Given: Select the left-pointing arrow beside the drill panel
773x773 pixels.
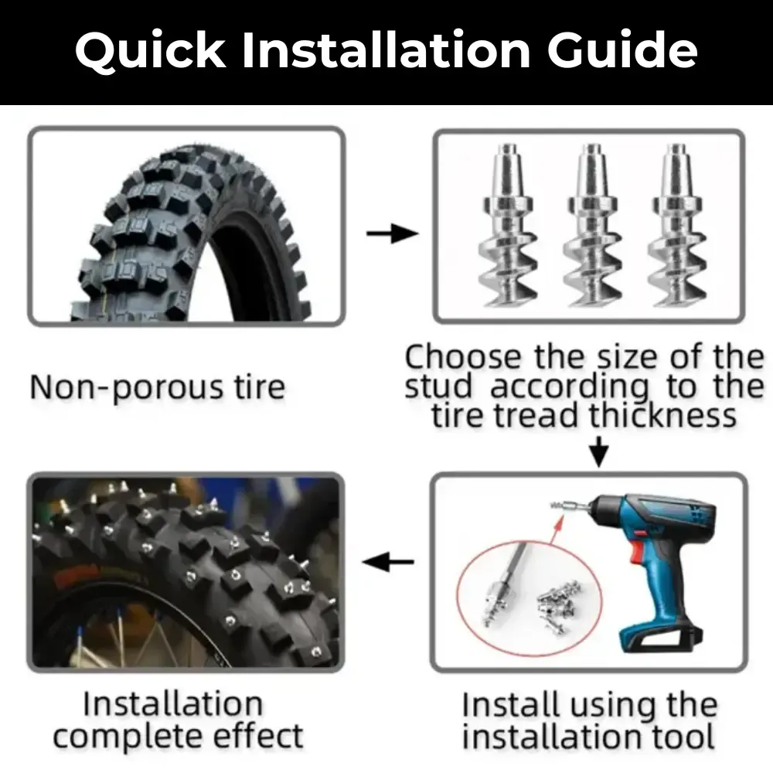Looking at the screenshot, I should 388,563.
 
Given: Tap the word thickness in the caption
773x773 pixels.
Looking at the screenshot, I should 662,416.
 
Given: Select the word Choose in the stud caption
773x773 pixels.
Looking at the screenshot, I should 463,357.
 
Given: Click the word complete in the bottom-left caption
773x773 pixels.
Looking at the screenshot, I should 132,735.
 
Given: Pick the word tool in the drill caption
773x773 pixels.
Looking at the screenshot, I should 681,737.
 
